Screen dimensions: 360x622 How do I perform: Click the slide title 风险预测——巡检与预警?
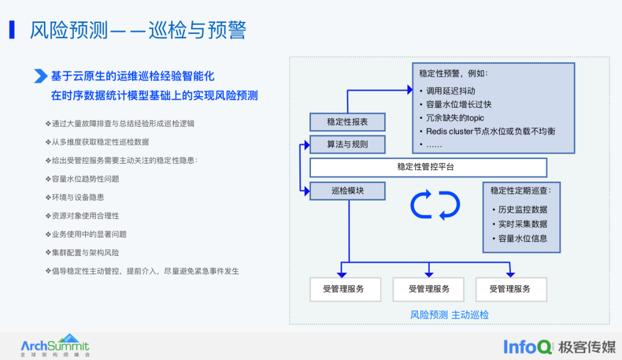[x=138, y=31]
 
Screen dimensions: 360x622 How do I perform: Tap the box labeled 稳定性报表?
[x=347, y=122]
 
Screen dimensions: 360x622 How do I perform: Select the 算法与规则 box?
[x=347, y=144]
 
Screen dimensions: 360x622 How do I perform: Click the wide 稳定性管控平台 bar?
[x=428, y=167]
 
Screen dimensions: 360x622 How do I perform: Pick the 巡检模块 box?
[x=347, y=191]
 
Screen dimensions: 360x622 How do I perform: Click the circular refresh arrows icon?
[x=435, y=204]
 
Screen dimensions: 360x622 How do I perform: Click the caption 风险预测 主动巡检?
[x=449, y=314]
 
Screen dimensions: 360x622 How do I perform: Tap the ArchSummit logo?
[x=55, y=346]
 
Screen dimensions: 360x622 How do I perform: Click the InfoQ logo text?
[x=528, y=347]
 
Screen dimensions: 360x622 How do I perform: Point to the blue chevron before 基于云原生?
[x=40, y=76]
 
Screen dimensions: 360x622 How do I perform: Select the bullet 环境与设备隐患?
[x=78, y=198]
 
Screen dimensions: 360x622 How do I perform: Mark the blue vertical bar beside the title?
[x=12, y=30]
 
